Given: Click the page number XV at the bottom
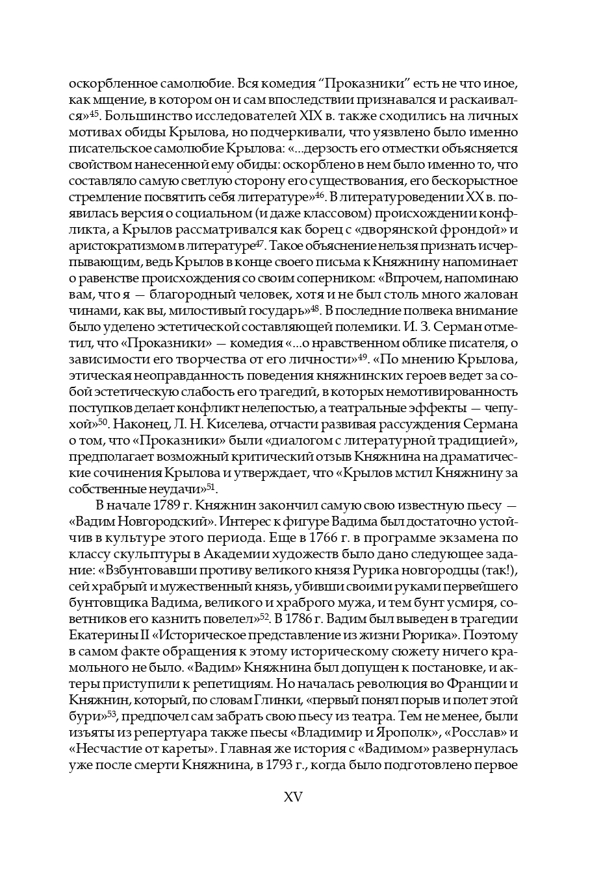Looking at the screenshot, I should (293, 798).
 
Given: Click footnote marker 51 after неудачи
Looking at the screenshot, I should (211, 487).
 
